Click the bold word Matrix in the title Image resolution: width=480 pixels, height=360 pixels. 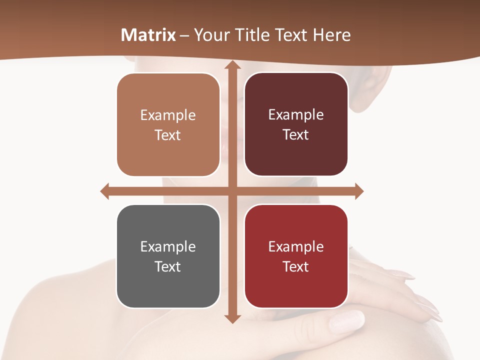coord(148,35)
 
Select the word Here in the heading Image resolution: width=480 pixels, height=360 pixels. coord(332,35)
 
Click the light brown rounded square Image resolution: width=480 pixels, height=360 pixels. coord(168,125)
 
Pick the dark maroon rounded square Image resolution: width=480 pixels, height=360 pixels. coord(296,124)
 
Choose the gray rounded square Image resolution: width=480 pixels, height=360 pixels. coord(168,256)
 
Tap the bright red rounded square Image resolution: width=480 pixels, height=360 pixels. coord(296,256)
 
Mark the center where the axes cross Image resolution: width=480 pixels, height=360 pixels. coord(232,191)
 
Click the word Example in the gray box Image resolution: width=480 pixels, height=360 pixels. coord(168,246)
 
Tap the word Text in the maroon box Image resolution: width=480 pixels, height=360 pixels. coord(296,135)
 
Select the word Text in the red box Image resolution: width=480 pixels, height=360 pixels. coord(296,266)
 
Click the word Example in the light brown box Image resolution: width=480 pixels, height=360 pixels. coord(168,115)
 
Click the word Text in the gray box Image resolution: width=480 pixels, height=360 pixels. coord(168,266)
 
